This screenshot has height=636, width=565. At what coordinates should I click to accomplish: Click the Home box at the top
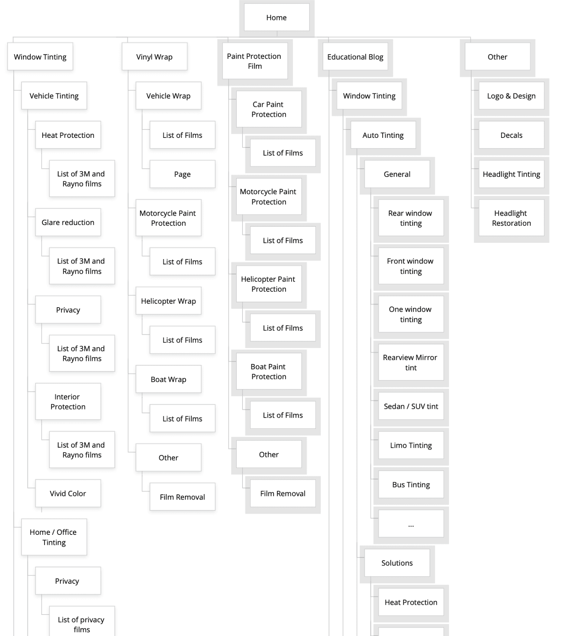pos(277,17)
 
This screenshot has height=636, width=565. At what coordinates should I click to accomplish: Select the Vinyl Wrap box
pos(154,57)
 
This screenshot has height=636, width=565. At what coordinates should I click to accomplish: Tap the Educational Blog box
pos(355,57)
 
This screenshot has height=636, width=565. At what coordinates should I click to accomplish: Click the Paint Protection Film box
pos(255,61)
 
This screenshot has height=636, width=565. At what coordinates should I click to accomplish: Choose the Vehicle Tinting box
pos(54,96)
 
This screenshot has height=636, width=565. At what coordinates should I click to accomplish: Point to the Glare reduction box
pos(68,222)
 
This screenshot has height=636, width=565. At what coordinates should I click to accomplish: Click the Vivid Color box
pos(68,493)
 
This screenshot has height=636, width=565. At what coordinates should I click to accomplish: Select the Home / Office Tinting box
pos(54,537)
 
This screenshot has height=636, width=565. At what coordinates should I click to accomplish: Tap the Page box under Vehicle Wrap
pos(182,174)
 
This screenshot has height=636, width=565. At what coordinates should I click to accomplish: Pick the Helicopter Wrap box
pos(168,301)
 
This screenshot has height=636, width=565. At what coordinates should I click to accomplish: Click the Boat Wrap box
pos(168,379)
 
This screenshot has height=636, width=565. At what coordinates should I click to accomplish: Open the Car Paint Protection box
pos(269,109)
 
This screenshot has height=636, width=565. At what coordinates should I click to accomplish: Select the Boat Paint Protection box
pos(269,371)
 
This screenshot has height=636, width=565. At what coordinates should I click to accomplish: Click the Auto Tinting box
pos(383,135)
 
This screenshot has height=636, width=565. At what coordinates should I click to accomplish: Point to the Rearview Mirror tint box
pos(411,362)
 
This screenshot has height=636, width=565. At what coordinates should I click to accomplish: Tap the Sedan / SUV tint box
pos(411,406)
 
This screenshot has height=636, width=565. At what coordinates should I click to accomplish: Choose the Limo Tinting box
pos(411,445)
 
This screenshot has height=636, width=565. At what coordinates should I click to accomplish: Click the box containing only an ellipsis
pos(411,524)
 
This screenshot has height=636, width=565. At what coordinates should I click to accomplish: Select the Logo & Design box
pos(511,96)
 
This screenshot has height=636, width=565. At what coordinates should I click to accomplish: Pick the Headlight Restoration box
pos(511,218)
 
